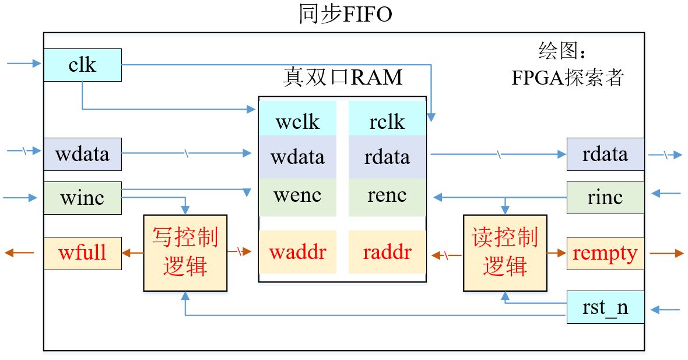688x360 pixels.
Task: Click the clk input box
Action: pos(82,65)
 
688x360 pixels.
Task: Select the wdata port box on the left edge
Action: pos(82,154)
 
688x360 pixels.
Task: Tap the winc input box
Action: pos(82,198)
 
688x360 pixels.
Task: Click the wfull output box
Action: pos(82,253)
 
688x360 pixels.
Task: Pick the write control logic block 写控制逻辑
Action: pos(185,253)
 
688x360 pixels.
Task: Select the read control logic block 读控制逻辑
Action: pos(505,253)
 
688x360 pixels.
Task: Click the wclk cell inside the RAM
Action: pos(297,121)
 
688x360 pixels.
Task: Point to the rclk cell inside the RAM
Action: pos(387,121)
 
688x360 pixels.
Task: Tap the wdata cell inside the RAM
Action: pos(297,157)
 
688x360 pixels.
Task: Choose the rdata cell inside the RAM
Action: pos(387,157)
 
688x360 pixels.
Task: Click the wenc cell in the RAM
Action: pos(297,195)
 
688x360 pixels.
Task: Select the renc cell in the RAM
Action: pos(387,195)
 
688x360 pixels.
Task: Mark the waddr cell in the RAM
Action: pos(297,252)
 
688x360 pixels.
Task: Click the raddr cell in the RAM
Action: pos(387,252)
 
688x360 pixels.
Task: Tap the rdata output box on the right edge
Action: pos(605,154)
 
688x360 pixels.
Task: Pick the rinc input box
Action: pos(605,197)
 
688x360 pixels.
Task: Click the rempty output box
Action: pos(605,253)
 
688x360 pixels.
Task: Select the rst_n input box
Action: pos(605,307)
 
